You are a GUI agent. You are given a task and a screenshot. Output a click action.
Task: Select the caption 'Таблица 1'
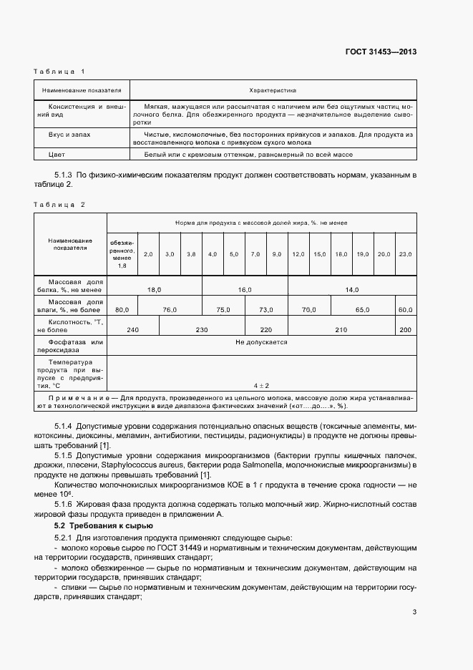(59, 72)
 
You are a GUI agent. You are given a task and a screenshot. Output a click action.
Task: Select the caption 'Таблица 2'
(59, 205)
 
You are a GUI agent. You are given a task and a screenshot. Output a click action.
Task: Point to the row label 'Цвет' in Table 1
(57, 154)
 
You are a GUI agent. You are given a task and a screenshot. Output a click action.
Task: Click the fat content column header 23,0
(405, 254)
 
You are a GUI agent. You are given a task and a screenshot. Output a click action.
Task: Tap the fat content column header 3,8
(191, 254)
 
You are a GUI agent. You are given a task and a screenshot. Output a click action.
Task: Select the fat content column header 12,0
(298, 254)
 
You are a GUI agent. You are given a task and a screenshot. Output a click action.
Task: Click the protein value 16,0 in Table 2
(245, 290)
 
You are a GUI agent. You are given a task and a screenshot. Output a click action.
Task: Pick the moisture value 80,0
(122, 309)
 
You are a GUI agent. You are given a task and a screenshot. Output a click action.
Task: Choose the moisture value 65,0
(363, 309)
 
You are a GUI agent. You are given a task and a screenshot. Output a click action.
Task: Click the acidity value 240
(132, 329)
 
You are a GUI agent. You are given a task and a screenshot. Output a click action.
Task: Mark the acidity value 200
(405, 329)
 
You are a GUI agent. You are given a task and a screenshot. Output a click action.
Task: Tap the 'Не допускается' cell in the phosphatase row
(261, 342)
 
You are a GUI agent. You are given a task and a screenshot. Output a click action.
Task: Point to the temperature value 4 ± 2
(261, 386)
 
